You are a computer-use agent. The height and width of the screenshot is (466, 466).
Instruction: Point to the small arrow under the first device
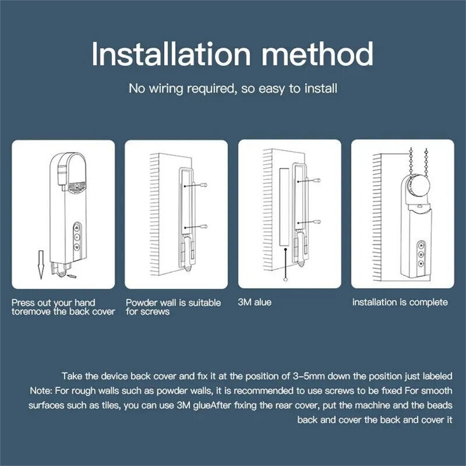coord(72,276)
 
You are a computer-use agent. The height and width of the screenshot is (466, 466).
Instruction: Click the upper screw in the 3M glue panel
coord(317,180)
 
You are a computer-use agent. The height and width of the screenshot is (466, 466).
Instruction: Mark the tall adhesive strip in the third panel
coord(284,207)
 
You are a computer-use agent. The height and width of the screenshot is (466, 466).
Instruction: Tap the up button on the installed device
coord(421,244)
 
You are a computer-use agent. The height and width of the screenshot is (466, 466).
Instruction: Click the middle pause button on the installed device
coord(421,254)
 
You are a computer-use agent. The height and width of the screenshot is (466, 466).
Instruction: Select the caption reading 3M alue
coord(254,302)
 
